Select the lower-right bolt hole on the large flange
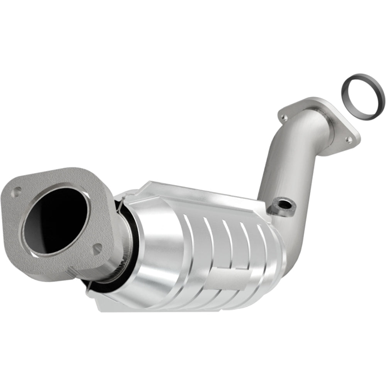[97, 248]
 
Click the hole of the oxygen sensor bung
[282, 203]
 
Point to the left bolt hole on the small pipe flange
[284, 116]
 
